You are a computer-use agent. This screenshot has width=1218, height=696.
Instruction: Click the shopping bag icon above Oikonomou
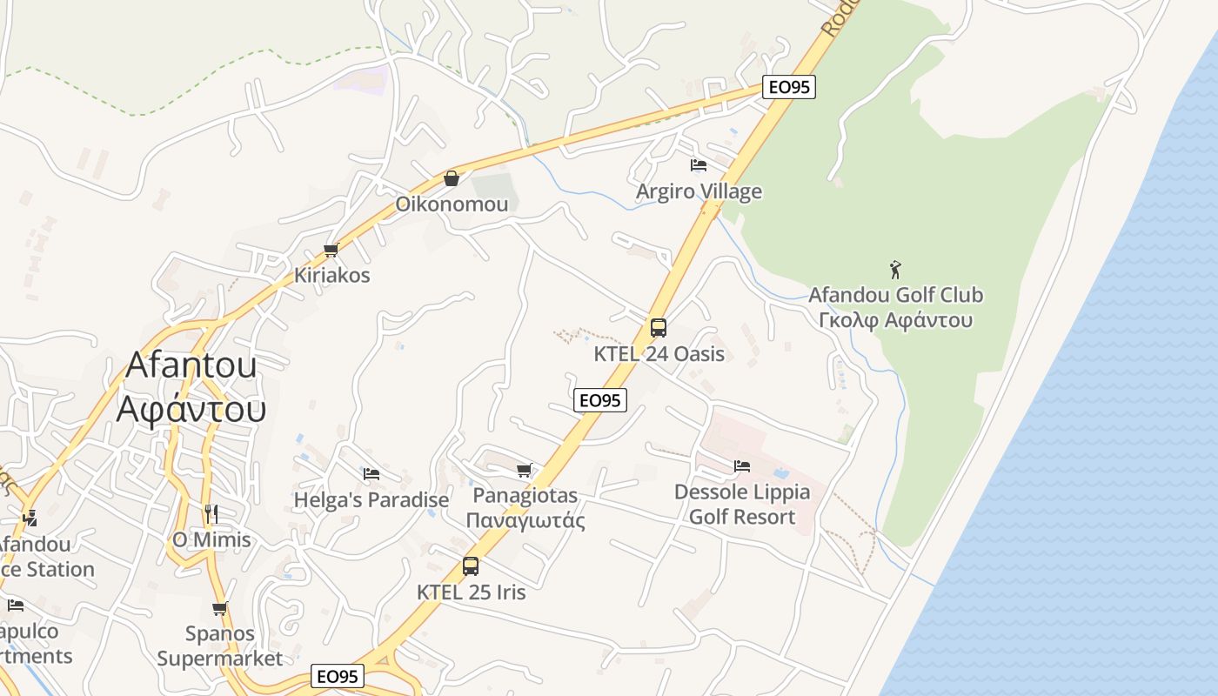pyautogui.click(x=452, y=178)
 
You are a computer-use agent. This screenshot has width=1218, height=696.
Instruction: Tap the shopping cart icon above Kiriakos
pyautogui.click(x=331, y=251)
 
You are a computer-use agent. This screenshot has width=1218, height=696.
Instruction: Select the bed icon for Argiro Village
pyautogui.click(x=698, y=164)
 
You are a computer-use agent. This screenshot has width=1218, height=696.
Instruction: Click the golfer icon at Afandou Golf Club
pyautogui.click(x=895, y=270)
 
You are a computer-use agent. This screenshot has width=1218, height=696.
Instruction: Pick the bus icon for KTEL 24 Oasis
pyautogui.click(x=659, y=328)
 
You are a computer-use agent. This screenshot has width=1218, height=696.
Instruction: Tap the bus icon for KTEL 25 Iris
pyautogui.click(x=471, y=566)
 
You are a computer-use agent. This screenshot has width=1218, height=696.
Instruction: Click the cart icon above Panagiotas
pyautogui.click(x=524, y=471)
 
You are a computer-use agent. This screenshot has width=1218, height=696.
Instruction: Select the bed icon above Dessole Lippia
pyautogui.click(x=742, y=466)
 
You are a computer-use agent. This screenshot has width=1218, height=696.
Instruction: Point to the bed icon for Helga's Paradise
pyautogui.click(x=371, y=474)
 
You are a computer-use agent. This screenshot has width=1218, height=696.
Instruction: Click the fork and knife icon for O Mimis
pyautogui.click(x=211, y=513)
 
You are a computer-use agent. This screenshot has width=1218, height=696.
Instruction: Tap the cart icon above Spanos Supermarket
pyautogui.click(x=220, y=608)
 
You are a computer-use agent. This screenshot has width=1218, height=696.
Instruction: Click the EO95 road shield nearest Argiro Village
pyautogui.click(x=789, y=87)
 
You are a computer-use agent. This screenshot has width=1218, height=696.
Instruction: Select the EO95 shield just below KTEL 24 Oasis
pyautogui.click(x=600, y=400)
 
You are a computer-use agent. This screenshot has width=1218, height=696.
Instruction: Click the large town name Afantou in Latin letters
pyautogui.click(x=191, y=365)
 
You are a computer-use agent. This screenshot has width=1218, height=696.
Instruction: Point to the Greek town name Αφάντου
pyautogui.click(x=191, y=407)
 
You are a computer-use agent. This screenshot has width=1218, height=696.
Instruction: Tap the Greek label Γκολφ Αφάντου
pyautogui.click(x=895, y=320)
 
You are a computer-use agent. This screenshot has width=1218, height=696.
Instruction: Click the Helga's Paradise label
pyautogui.click(x=371, y=500)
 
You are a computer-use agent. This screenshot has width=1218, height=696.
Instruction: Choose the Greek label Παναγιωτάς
pyautogui.click(x=525, y=520)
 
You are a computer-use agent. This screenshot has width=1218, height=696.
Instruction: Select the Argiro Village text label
pyautogui.click(x=699, y=191)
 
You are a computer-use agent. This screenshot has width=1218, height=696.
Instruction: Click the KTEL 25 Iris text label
pyautogui.click(x=472, y=592)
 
